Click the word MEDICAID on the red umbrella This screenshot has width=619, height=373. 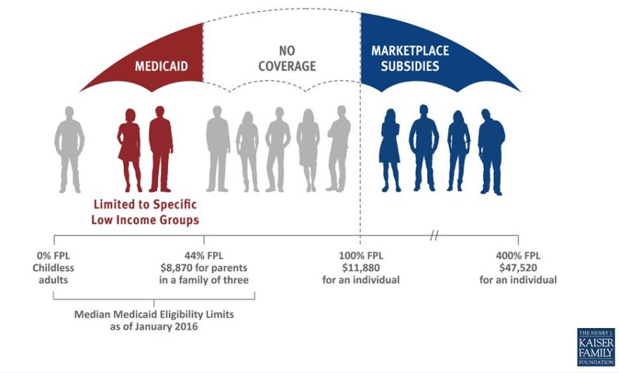click(162, 66)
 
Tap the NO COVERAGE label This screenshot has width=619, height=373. click(287, 58)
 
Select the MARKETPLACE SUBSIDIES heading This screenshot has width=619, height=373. click(410, 58)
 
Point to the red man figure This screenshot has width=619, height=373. click(160, 149)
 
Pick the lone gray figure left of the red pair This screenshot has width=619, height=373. click(70, 150)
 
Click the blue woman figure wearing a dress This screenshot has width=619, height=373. click(390, 150)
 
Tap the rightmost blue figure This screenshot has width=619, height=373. click(491, 152)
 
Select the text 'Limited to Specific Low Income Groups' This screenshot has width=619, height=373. click(145, 212)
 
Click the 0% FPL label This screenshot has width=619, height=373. click(53, 256)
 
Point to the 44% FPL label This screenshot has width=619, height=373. click(204, 256)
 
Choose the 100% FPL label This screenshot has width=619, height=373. click(361, 256)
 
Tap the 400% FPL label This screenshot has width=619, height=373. click(518, 256)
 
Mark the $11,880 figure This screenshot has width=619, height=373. click(361, 268)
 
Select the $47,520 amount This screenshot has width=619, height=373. click(518, 268)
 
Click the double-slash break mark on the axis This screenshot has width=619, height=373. click(434, 236)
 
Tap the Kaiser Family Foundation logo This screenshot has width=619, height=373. click(596, 347)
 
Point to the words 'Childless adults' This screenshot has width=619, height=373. click(53, 274)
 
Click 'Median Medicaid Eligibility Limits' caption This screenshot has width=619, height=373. click(154, 315)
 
